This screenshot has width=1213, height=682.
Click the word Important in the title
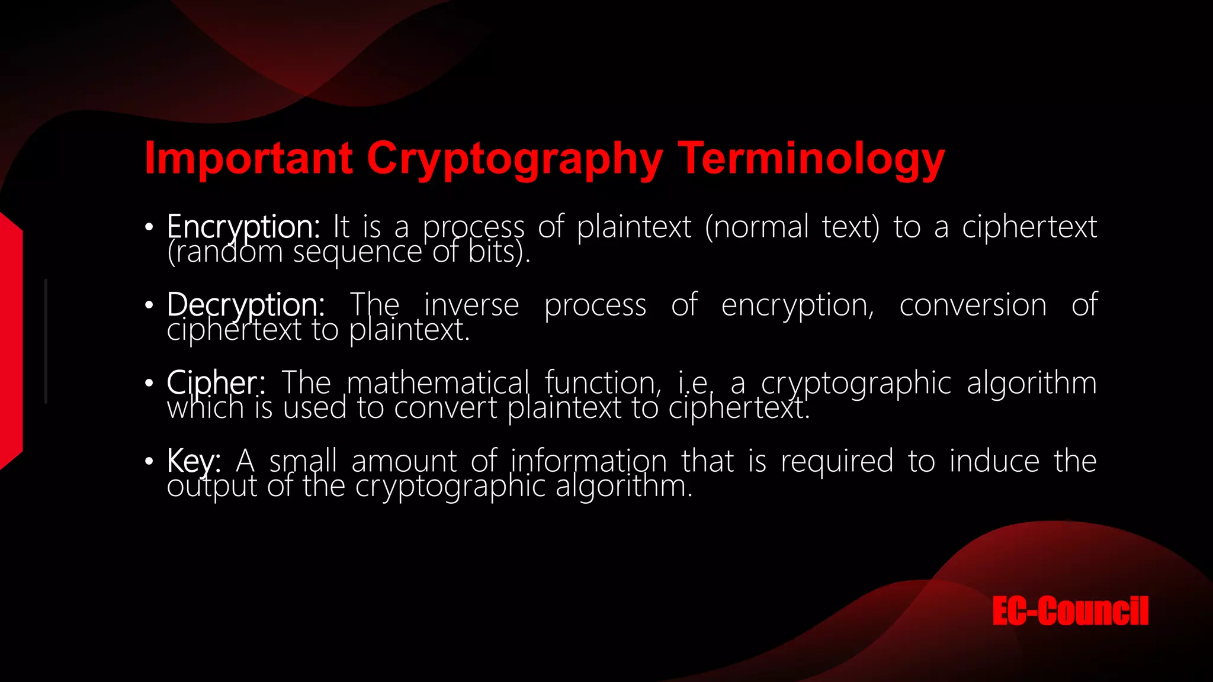[x=249, y=158]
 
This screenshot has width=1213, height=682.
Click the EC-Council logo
[x=1070, y=611]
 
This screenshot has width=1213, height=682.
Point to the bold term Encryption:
[x=243, y=227]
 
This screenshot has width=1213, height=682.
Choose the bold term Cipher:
[x=216, y=383]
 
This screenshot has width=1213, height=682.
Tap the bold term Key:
[x=194, y=461]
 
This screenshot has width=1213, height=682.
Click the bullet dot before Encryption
[x=149, y=227]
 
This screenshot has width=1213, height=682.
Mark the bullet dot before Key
[x=149, y=461]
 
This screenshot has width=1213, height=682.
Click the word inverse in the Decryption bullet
[x=471, y=305]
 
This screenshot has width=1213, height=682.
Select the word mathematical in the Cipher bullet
[x=438, y=383]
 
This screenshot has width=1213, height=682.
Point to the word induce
[x=994, y=461]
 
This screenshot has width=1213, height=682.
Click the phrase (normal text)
[x=792, y=227]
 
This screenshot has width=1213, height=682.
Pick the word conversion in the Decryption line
[x=973, y=305]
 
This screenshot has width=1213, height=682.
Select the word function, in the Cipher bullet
[x=602, y=383]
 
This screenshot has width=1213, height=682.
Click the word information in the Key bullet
[x=588, y=461]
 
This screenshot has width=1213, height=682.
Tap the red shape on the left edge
[x=11, y=340]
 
